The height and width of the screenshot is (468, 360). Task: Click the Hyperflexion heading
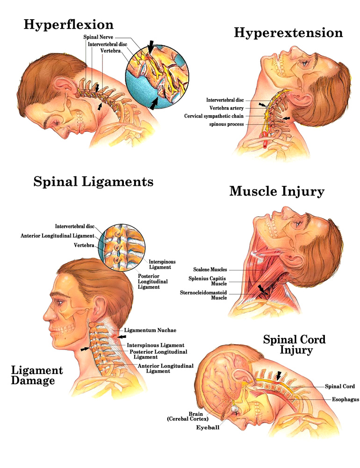[x=68, y=24]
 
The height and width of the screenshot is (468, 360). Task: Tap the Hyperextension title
[x=288, y=33]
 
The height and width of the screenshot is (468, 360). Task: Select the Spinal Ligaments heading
[x=94, y=182]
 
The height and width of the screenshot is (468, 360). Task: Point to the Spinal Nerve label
[x=98, y=37]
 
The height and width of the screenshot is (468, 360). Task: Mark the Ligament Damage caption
[x=36, y=375]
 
